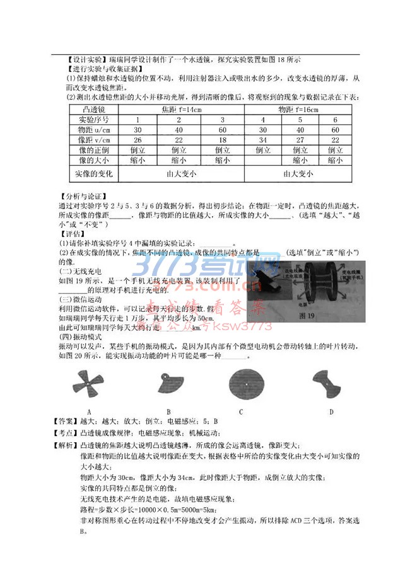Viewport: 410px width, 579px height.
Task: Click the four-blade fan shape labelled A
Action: (89, 382)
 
